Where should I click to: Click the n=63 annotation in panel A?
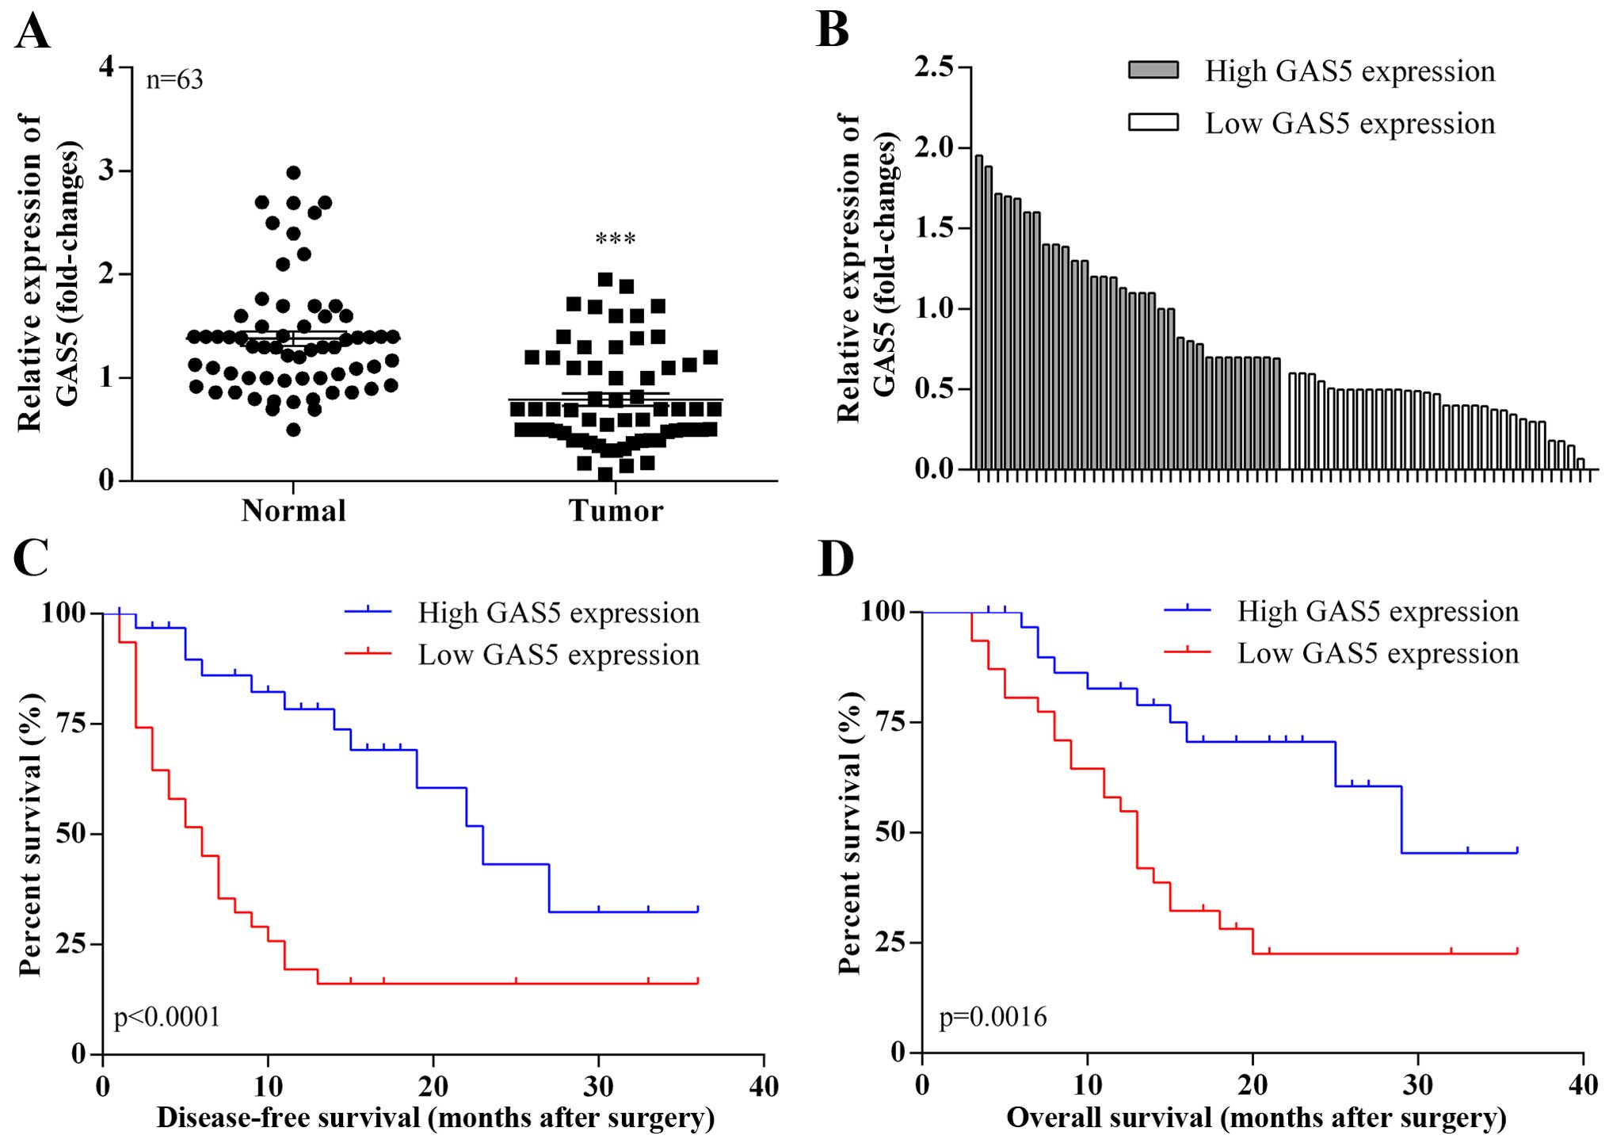(x=174, y=80)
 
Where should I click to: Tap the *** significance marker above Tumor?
(x=616, y=239)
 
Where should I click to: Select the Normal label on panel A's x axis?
(x=294, y=511)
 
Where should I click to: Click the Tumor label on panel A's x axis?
(x=616, y=511)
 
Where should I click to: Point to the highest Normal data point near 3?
(x=293, y=173)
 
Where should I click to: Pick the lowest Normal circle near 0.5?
(x=293, y=430)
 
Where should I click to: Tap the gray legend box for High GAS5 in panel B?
(x=1153, y=71)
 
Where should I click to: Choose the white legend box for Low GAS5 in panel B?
(x=1153, y=123)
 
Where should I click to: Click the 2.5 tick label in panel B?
(x=935, y=67)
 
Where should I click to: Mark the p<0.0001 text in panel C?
(x=167, y=1017)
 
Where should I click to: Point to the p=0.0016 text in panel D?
(x=993, y=1017)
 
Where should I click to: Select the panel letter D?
(x=836, y=559)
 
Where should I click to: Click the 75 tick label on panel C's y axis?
(x=71, y=724)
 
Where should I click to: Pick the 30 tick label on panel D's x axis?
(x=1417, y=1084)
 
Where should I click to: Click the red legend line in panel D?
(x=1188, y=653)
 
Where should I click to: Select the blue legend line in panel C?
(x=368, y=613)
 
